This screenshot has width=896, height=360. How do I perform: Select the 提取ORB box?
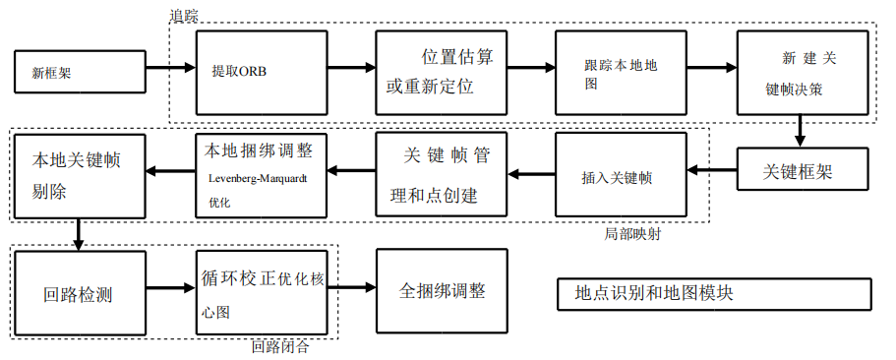tap(261, 72)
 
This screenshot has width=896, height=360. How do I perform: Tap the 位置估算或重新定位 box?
tap(441, 72)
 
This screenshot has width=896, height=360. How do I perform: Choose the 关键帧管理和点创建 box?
tap(441, 176)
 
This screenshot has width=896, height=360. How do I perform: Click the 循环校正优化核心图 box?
tap(261, 291)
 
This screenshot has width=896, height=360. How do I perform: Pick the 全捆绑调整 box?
tap(442, 291)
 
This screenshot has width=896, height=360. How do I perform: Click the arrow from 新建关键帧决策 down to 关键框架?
tap(801, 130)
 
